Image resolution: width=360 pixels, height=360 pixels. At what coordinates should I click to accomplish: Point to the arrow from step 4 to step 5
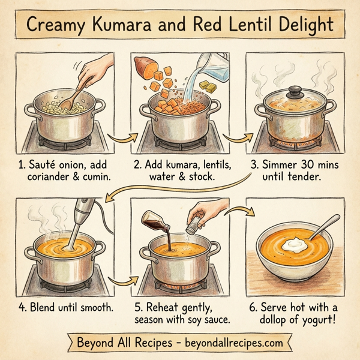pos(122,280)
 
